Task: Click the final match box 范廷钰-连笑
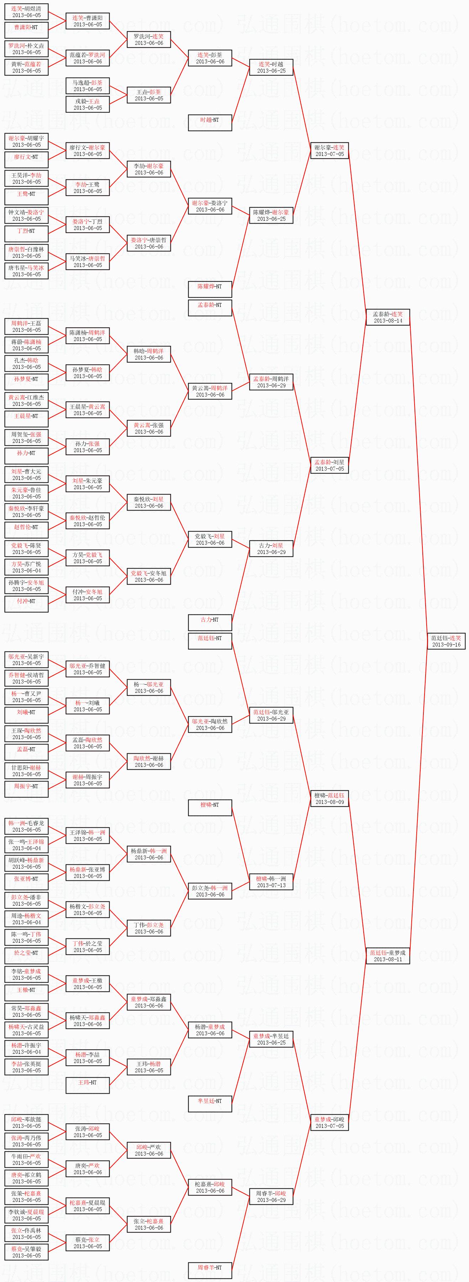[x=446, y=641]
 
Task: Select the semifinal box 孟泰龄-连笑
[x=388, y=317]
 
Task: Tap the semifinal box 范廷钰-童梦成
[x=388, y=956]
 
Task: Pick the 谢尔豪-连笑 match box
[x=329, y=150]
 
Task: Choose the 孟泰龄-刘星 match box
[x=329, y=465]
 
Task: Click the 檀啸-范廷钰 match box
[x=329, y=798]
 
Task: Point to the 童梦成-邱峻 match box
[x=329, y=1122]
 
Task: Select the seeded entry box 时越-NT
[x=210, y=120]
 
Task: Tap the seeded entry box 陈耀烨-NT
[x=210, y=287]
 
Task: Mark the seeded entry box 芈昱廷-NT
[x=210, y=1101]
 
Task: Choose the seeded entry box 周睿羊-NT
[x=210, y=1267]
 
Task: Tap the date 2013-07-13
[x=271, y=885]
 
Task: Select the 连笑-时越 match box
[x=271, y=67]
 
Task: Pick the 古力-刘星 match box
[x=271, y=548]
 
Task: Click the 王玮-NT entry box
[x=88, y=1082]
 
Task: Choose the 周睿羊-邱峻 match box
[x=271, y=1197]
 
